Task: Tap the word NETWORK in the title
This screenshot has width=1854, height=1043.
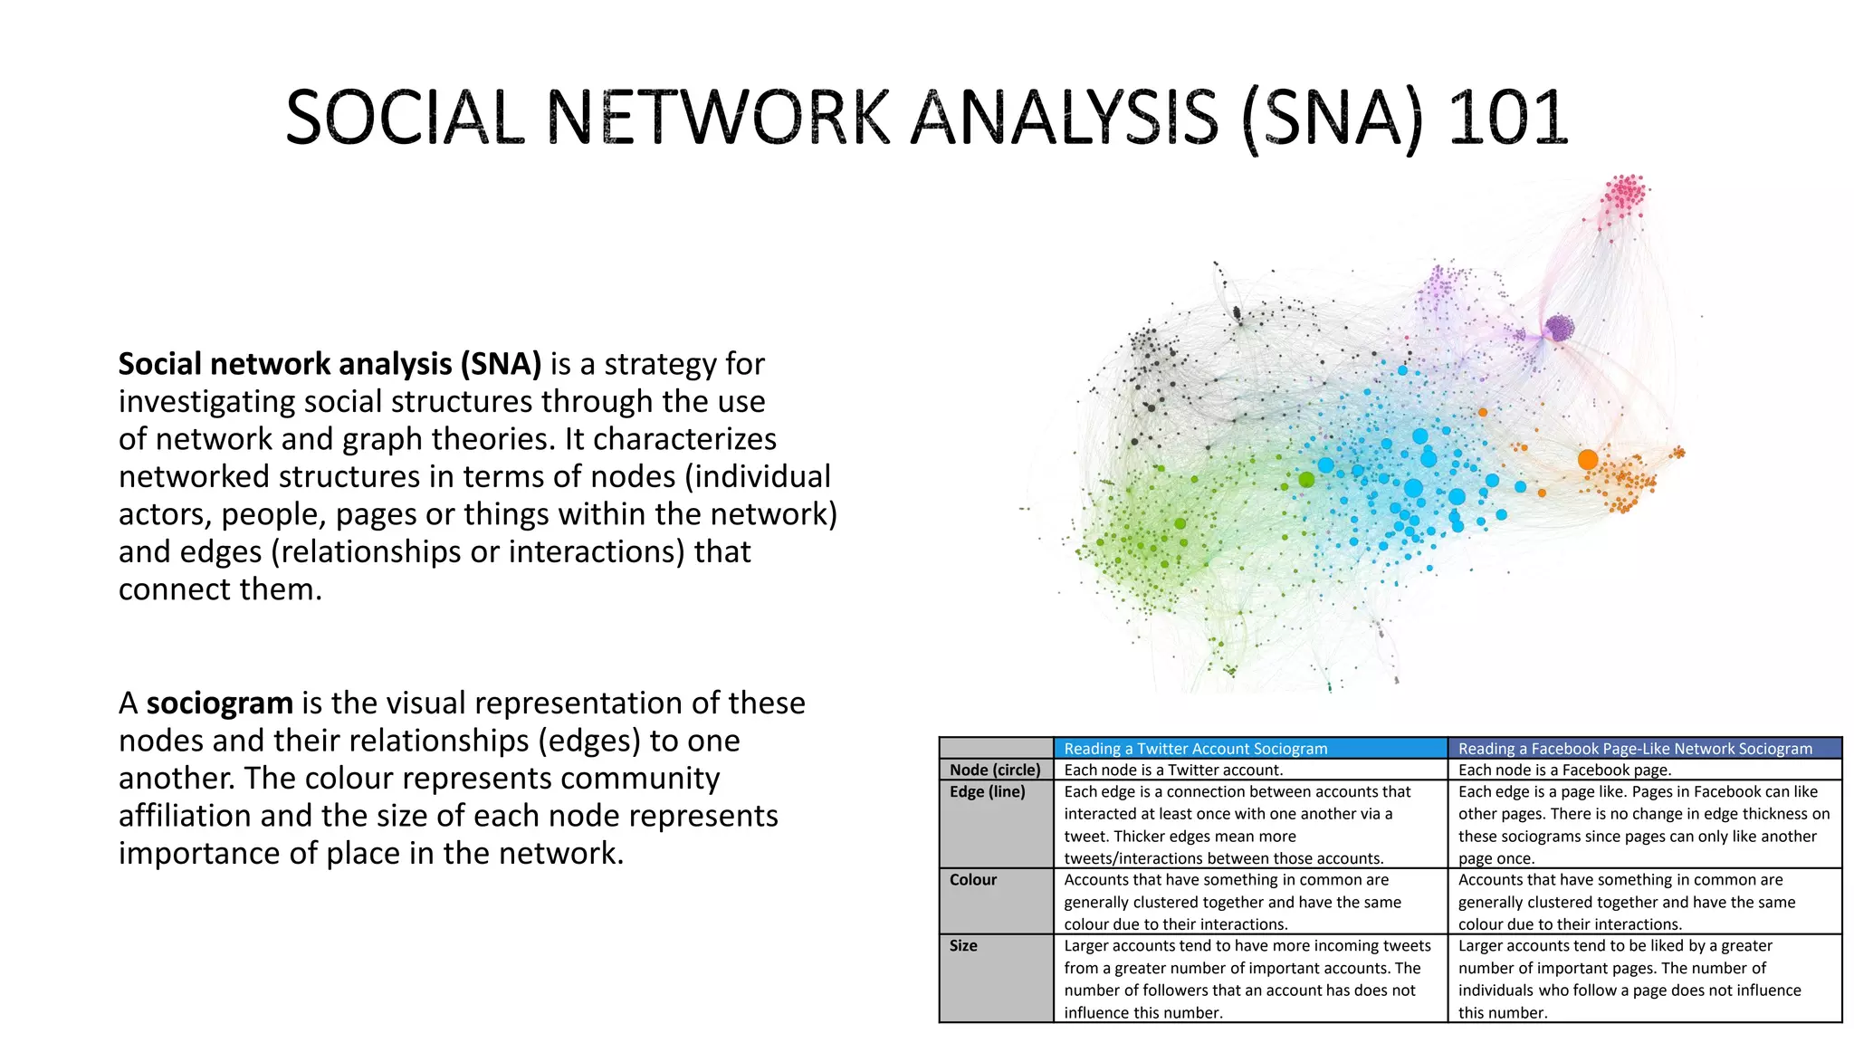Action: coord(720,118)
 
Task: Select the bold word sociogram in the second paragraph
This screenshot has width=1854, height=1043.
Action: coord(219,703)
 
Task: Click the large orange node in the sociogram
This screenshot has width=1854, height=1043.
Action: coord(1588,459)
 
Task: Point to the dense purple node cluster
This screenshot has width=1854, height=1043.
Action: coord(1559,328)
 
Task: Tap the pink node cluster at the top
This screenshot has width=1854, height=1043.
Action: coord(1626,193)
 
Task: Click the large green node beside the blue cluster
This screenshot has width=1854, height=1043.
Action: coord(1306,479)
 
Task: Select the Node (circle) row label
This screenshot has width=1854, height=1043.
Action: coord(995,770)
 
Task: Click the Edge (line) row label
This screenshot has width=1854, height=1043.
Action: coord(988,791)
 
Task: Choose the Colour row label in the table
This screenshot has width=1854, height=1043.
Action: coord(973,880)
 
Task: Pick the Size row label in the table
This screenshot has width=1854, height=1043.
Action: coord(963,946)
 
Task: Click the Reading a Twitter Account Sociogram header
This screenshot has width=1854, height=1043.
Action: coord(1195,749)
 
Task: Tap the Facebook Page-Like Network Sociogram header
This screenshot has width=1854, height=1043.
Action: coord(1635,749)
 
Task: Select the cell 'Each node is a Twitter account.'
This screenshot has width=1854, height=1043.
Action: coord(1173,770)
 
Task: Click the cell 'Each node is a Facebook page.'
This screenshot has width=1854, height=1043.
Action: coord(1564,770)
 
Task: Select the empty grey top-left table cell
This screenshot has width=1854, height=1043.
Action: coord(996,748)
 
